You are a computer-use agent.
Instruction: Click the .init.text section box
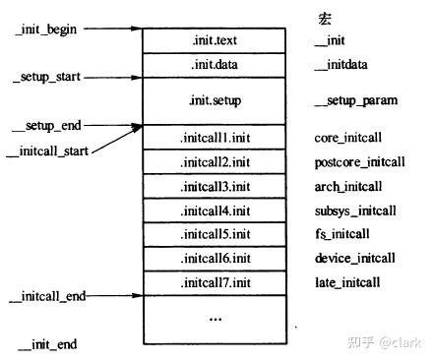coord(215,41)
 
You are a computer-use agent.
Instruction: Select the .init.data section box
coord(215,65)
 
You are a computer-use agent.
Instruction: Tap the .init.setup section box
coord(215,100)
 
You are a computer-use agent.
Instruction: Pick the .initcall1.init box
coord(215,137)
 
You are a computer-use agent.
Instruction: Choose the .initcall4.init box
coord(215,210)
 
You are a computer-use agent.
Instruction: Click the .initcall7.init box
coord(215,282)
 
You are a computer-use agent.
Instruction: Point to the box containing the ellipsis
coord(215,318)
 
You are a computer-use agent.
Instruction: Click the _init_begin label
coord(46,30)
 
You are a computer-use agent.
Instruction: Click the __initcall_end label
coord(44,295)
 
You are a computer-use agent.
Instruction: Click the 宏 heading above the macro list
coord(325,19)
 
